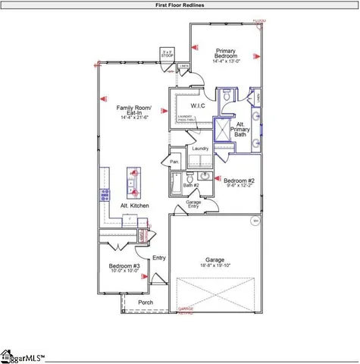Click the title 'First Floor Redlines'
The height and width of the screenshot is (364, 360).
pos(180,5)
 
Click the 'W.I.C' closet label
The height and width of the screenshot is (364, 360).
pos(199,106)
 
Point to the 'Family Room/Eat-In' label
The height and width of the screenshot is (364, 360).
pos(133,111)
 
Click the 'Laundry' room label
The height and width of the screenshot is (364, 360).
pos(200,149)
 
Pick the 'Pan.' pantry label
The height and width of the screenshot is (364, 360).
pos(174,162)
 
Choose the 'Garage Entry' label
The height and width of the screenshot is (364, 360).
pos(193,205)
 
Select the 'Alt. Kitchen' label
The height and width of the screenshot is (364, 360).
pos(134,206)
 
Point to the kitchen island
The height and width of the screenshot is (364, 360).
pos(134,180)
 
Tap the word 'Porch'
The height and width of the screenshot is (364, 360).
pos(146,303)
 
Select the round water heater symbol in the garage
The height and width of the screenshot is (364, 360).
pos(255,221)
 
